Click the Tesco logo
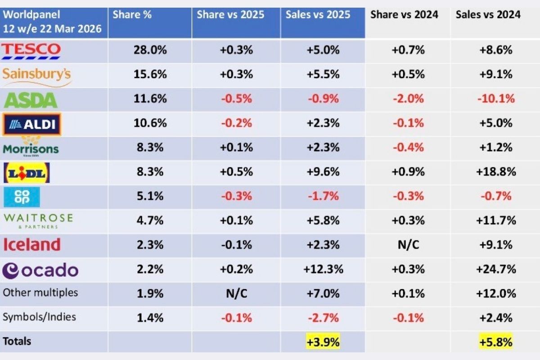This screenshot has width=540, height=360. coord(31,50)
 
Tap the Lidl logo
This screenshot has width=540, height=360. coord(27,172)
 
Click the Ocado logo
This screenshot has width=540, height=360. coord(40,270)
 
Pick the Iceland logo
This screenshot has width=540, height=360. coord(31,245)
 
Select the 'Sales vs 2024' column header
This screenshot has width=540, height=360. coord(488,14)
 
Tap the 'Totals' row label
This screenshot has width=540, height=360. coord(17,341)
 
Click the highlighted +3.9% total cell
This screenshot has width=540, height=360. coord(323,342)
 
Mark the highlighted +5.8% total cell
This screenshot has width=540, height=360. coord(496,342)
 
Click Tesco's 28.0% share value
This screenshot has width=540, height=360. coord(150,50)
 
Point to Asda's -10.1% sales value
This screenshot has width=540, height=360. coord(496,99)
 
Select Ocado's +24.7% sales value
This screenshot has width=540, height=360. coord(496,269)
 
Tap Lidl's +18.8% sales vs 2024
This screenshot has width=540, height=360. coord(496,171)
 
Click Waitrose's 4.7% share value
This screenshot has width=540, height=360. coord(150,220)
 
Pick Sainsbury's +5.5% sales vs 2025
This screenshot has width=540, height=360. coord(323,74)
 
